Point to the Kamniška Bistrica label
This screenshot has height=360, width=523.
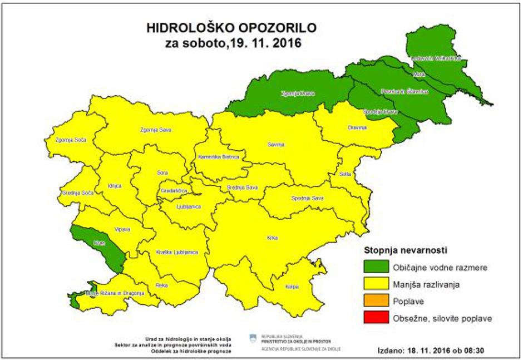pyautogui.click(x=218, y=157)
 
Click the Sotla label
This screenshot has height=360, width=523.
pyautogui.click(x=345, y=174)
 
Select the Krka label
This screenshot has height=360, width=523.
pyautogui.click(x=272, y=238)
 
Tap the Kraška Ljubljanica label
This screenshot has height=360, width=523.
pyautogui.click(x=177, y=252)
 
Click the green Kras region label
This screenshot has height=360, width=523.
pyautogui.click(x=100, y=244)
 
